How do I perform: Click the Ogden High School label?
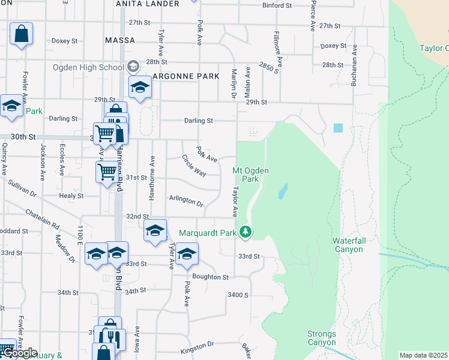coord(88,67)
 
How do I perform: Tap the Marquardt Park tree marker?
coord(245,232)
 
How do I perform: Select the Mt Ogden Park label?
coord(250,175)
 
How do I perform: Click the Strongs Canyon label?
coord(321,338)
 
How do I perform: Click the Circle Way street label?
coord(194,166)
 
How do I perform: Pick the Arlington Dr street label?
coord(186,200)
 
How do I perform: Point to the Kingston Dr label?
coord(197,346)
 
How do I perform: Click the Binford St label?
coord(277,5)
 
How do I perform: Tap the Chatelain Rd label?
coord(43,219)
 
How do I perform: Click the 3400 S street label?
coord(238,295)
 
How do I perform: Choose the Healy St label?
coord(71,196)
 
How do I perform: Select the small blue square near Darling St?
coord(338,128)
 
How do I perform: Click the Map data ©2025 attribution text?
coord(423,355)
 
